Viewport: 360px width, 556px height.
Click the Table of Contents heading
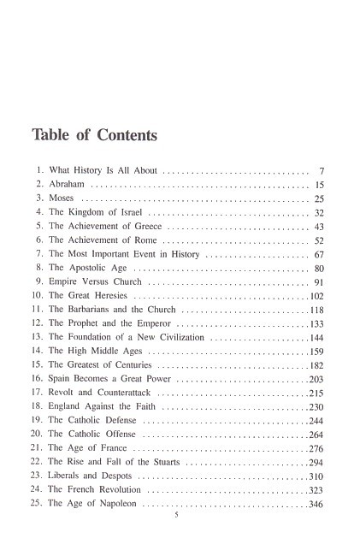[x=93, y=135]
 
